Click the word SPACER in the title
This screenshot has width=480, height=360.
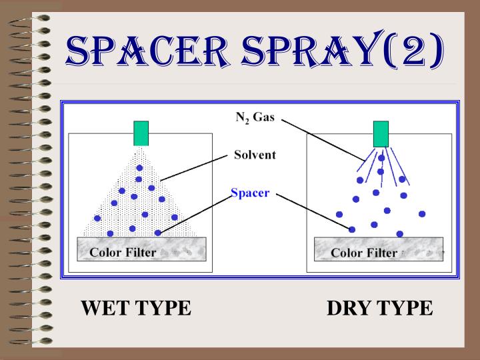[146, 51]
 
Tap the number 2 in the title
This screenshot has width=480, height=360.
[413, 51]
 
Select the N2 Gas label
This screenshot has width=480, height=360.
[255, 117]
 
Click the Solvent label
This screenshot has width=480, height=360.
[255, 155]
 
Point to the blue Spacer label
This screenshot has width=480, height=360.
[250, 193]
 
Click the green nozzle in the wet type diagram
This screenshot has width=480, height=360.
[141, 133]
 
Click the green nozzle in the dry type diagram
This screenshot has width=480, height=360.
[381, 134]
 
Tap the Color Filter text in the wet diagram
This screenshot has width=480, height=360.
[123, 253]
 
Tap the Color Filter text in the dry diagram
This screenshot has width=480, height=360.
[364, 253]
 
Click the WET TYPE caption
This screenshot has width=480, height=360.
[136, 308]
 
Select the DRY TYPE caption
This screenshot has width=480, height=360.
[380, 308]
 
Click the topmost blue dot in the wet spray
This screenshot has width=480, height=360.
[139, 168]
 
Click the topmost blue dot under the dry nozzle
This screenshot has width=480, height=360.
[381, 158]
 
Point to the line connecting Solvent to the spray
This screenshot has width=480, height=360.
[194, 168]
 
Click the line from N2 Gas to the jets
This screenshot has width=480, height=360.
[323, 140]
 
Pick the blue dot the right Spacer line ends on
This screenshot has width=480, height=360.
[352, 229]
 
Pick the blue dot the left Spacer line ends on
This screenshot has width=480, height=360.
[157, 233]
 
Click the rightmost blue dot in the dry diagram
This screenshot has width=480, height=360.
[422, 214]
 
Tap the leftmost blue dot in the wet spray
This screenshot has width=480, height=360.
[97, 218]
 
